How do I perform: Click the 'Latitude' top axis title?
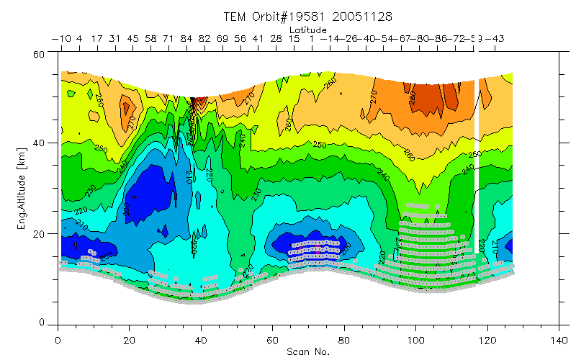tap(308, 30)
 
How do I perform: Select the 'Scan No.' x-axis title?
tap(308, 352)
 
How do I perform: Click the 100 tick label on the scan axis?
tap(415, 340)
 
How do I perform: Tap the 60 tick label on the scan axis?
tap(272, 340)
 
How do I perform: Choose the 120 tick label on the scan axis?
tap(487, 340)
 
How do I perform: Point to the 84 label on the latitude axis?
tap(186, 38)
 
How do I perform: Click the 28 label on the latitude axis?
tap(276, 38)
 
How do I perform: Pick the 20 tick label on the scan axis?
tap(129, 340)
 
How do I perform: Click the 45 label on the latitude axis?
tap(133, 38)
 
